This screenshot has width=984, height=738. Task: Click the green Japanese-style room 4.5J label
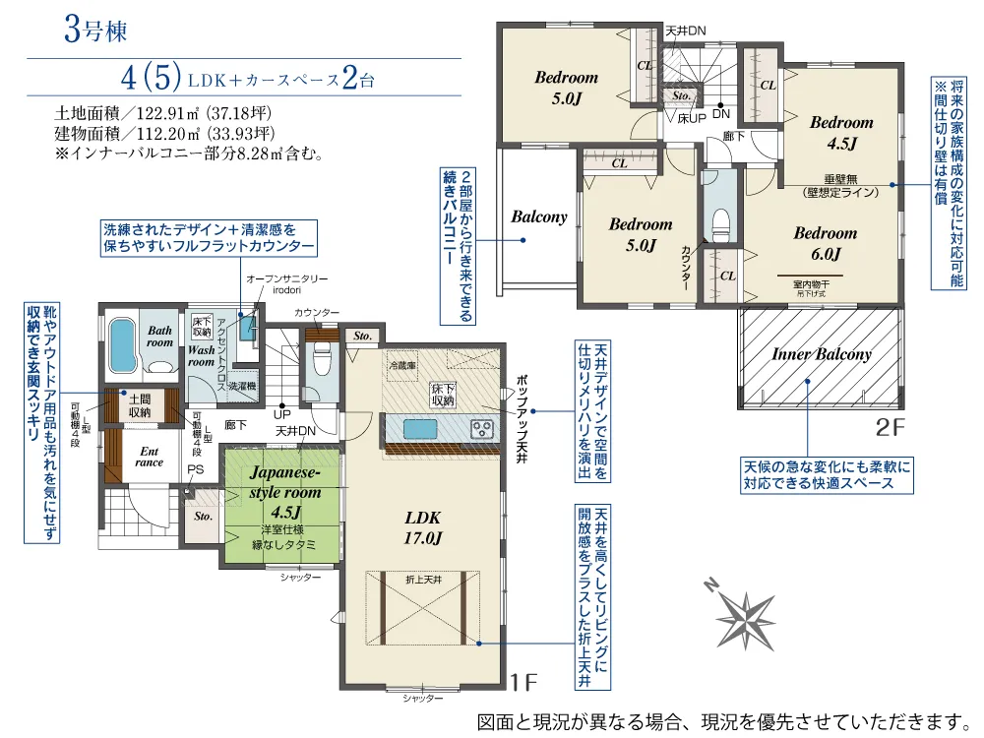coord(285,492)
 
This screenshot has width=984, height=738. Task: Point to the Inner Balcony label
coord(822,354)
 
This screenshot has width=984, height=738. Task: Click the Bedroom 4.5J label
coord(841,133)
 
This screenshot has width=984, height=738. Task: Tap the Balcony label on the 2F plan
coord(539,216)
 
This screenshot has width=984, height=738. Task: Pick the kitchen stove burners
coord(483,429)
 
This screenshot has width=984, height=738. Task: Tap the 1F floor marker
coord(524,681)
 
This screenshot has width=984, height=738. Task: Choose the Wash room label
coord(201,355)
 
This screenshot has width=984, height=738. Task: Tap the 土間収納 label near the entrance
coord(137,404)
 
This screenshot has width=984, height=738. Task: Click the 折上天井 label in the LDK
coord(423,582)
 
